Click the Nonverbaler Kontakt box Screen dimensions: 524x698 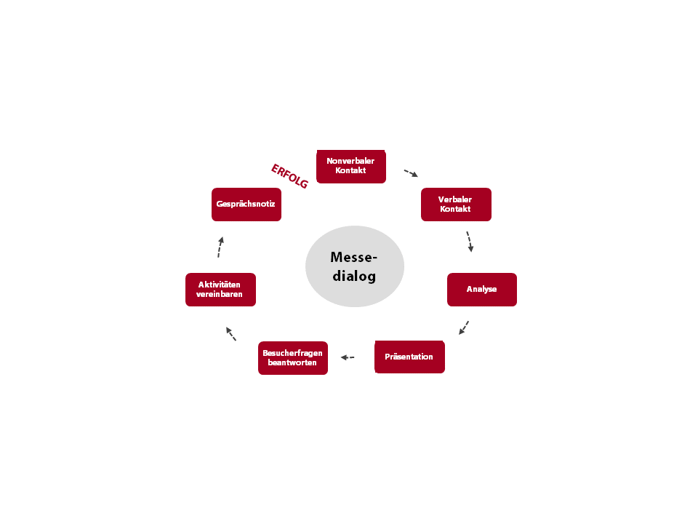point(350,167)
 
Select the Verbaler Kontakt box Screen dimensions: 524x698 point(456,205)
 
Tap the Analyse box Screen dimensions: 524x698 point(481,290)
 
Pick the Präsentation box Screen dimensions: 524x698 point(409,357)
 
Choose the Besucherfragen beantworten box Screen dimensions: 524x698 point(292,358)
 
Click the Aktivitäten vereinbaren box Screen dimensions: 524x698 point(220,290)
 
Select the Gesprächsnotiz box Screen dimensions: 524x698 point(246,205)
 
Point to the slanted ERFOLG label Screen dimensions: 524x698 point(289,176)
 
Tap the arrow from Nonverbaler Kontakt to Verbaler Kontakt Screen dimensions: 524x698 point(411,173)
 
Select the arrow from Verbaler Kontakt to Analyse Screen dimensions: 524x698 point(469,242)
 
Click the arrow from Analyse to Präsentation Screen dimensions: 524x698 point(464,327)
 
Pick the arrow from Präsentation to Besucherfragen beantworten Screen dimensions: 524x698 point(348,357)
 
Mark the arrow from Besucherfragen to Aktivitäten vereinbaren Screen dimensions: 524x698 point(231,334)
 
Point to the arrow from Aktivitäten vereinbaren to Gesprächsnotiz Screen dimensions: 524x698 point(220,247)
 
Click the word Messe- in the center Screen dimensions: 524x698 point(354,257)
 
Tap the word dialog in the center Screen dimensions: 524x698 point(354,276)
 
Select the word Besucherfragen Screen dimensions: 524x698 point(292,353)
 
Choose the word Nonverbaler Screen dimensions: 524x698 point(350,161)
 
